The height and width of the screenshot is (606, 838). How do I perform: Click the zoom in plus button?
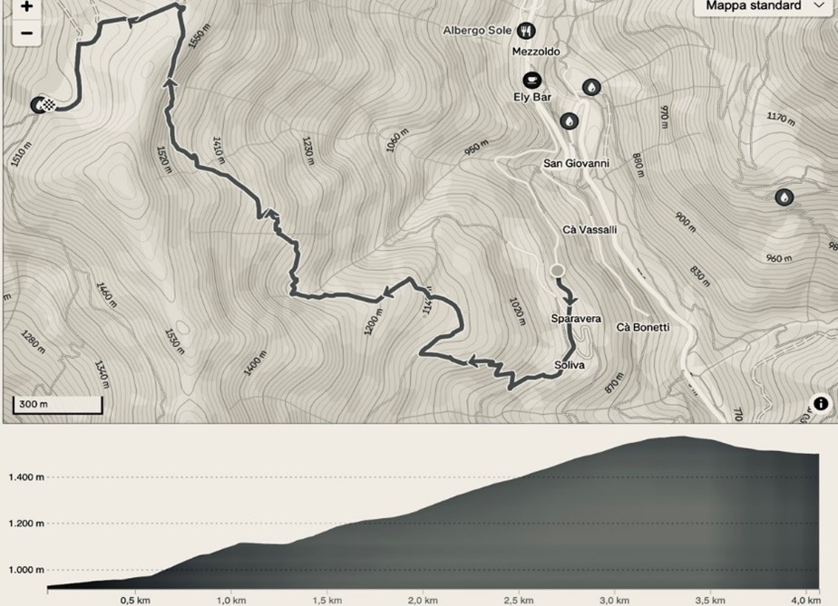[x=26, y=7]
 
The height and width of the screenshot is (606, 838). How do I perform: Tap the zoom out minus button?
[x=26, y=34]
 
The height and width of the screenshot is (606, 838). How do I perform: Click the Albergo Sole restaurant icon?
[x=526, y=31]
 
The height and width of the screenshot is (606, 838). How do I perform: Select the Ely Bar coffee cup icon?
[x=531, y=80]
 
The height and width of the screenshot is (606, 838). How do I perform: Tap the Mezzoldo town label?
[x=535, y=52]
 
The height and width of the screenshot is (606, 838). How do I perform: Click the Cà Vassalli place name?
[x=590, y=230]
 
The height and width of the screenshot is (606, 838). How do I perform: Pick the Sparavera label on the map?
[x=576, y=319]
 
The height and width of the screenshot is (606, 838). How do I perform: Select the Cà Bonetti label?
[x=642, y=327]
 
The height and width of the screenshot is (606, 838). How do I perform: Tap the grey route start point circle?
[x=557, y=270]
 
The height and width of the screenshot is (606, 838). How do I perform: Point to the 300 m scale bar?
[x=56, y=405]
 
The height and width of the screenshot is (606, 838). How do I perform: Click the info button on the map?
[x=820, y=404]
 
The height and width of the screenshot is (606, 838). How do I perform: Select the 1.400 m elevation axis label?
[x=26, y=476]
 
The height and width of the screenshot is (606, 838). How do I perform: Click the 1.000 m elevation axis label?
[x=26, y=570]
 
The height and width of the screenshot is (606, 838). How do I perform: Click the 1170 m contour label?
[x=780, y=118]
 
